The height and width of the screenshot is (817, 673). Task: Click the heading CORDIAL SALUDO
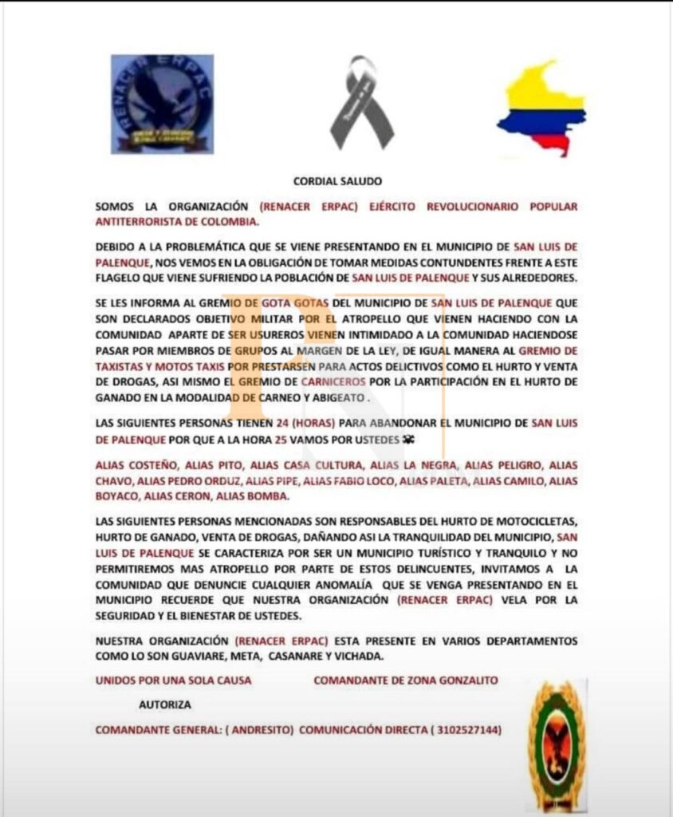pyautogui.click(x=336, y=182)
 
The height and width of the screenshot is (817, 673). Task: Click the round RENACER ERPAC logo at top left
pyautogui.click(x=162, y=105)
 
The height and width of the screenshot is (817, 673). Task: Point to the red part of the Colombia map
pyautogui.click(x=557, y=144)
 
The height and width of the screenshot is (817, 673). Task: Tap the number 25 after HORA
pyautogui.click(x=287, y=439)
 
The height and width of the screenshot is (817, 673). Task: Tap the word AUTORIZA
pyautogui.click(x=164, y=705)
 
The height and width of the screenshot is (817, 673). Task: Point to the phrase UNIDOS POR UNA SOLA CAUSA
pyautogui.click(x=173, y=680)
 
